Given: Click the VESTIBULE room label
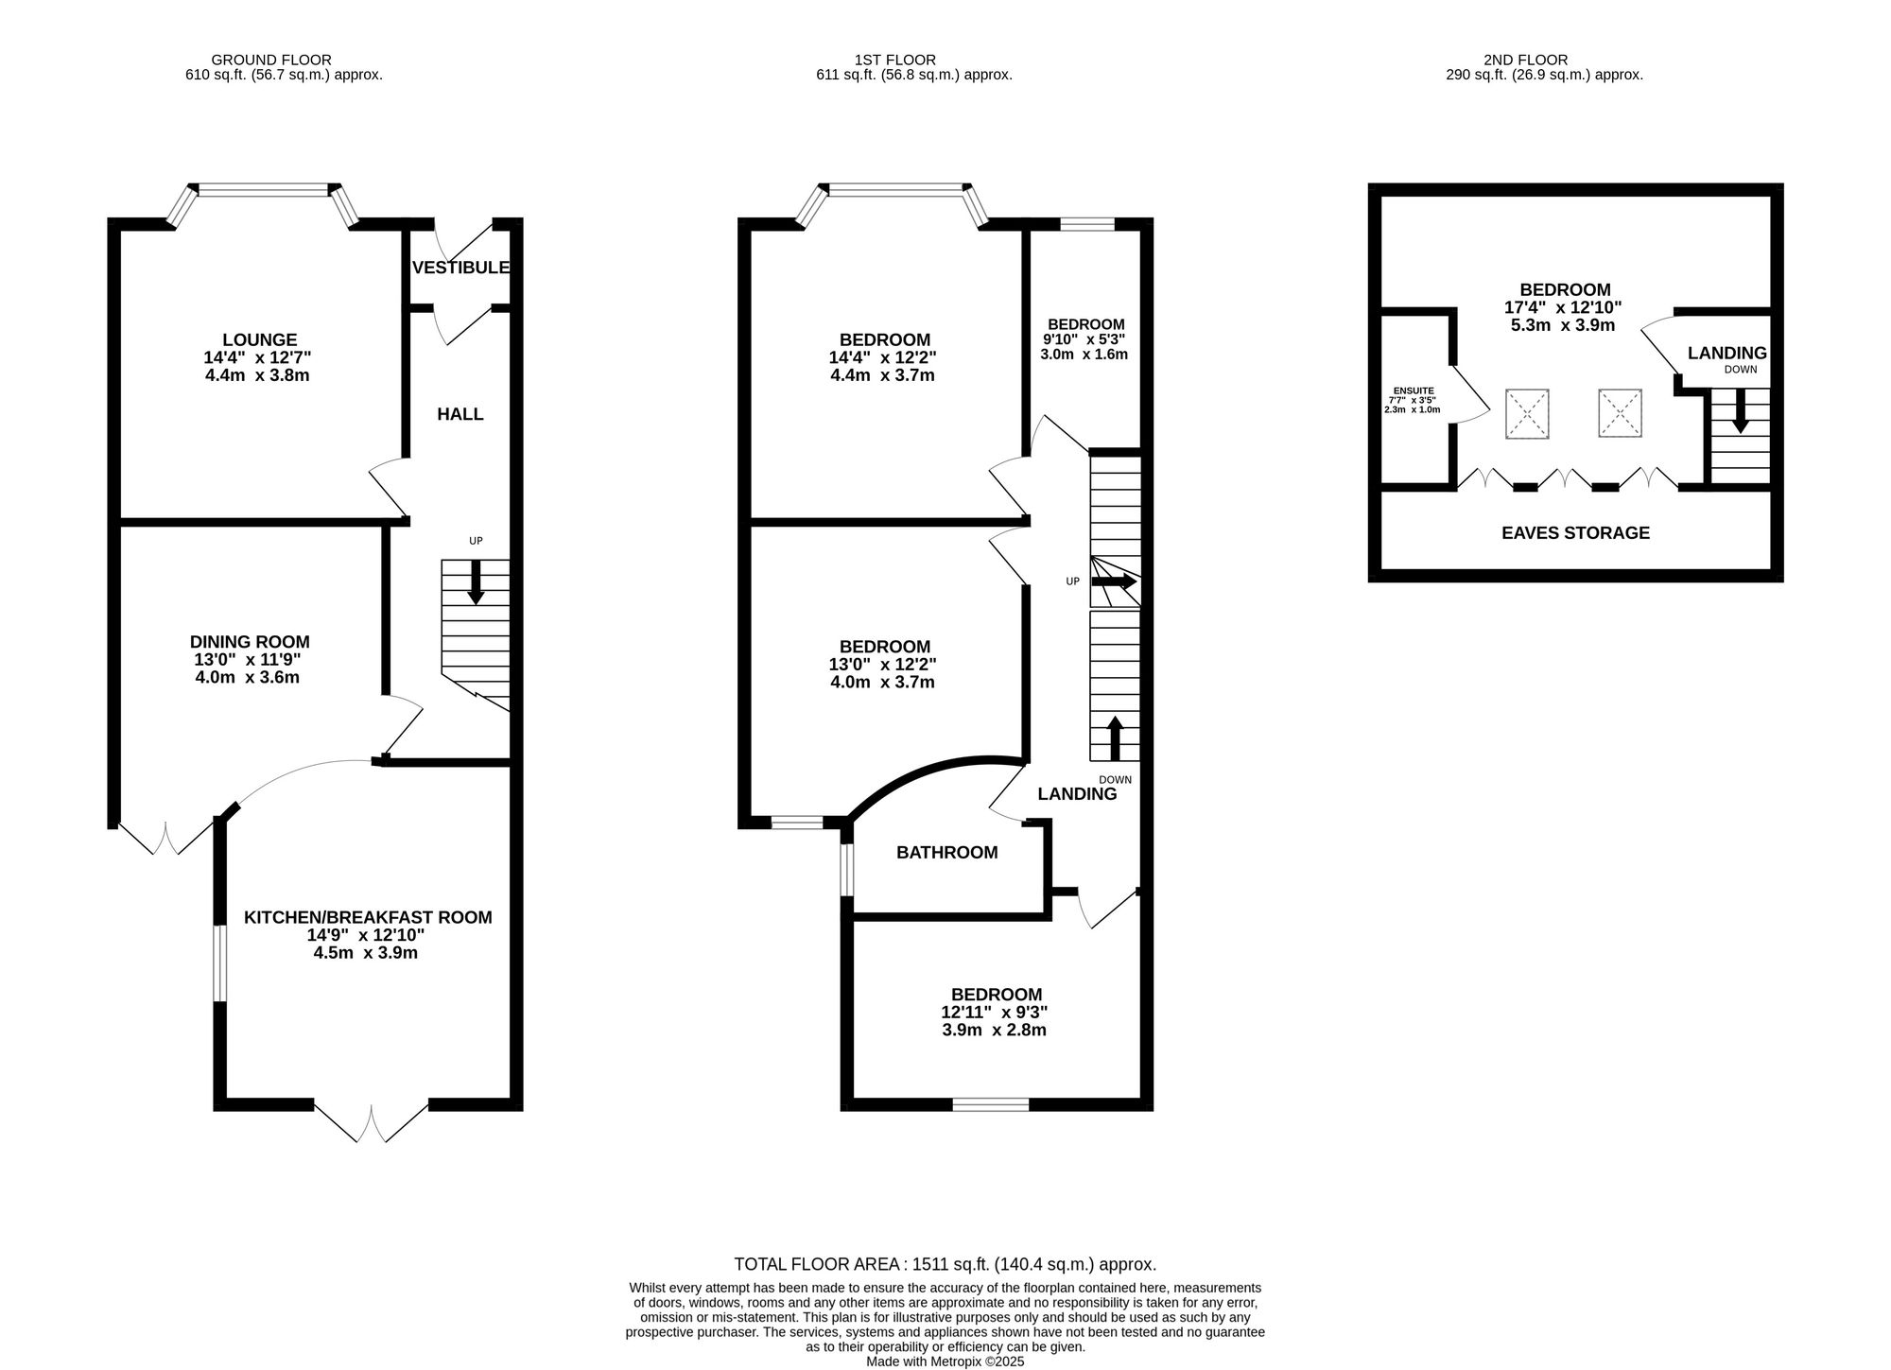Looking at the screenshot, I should pyautogui.click(x=460, y=269).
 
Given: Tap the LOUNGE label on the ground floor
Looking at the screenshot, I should pyautogui.click(x=259, y=339).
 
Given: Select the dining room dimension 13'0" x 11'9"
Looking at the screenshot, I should pyautogui.click(x=248, y=660).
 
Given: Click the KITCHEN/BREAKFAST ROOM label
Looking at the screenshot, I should pyautogui.click(x=368, y=917).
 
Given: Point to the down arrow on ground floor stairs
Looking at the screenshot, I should pyautogui.click(x=476, y=581).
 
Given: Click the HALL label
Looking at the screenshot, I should pyautogui.click(x=460, y=414).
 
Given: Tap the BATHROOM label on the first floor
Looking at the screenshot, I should pyautogui.click(x=946, y=853).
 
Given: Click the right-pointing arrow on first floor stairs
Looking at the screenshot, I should pyautogui.click(x=1114, y=581).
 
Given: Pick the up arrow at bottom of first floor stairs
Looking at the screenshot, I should pyautogui.click(x=1115, y=738).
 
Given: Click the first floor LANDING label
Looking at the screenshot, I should pyautogui.click(x=1077, y=794).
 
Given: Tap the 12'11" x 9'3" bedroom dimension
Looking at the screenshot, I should pyautogui.click(x=995, y=1012).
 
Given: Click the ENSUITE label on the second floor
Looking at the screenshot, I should pyautogui.click(x=1414, y=390).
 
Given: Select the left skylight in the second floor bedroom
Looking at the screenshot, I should pyautogui.click(x=1527, y=413).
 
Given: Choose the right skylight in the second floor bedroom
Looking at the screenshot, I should pyautogui.click(x=1620, y=413).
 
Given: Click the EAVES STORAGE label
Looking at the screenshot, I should pyautogui.click(x=1575, y=533).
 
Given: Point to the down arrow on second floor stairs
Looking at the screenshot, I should pyautogui.click(x=1740, y=413).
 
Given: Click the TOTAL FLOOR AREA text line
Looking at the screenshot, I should pyautogui.click(x=945, y=1264).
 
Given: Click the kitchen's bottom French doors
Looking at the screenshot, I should pyautogui.click(x=371, y=1122).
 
